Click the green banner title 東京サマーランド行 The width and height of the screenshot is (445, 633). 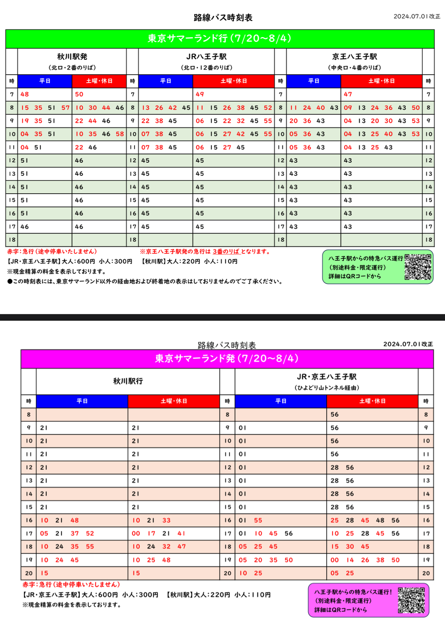pos(220,39)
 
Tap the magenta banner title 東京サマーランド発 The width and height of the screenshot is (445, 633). pos(227,359)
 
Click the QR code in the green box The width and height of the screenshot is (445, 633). pos(418,267)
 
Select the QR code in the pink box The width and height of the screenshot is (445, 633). pos(411,600)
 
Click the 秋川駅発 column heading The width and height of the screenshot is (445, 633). pos(72,57)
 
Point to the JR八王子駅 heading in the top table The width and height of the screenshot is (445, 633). pos(207,57)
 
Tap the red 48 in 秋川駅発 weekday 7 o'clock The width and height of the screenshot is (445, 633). pos(24,94)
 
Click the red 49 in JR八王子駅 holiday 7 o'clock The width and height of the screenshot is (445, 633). pos(200,94)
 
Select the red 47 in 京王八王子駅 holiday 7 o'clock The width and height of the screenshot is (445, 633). pos(348,94)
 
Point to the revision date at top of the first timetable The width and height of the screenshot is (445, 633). pos(416,16)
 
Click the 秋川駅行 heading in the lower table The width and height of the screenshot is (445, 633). pos(128,381)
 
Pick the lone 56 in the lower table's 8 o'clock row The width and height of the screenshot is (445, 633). pos(334,415)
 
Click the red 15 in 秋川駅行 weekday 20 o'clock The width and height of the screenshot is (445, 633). pos(44,573)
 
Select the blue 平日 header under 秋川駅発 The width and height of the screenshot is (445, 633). pos(45,81)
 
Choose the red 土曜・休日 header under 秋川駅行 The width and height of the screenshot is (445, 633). pos(174,401)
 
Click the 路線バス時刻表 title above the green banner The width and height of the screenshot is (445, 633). pos(223,17)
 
